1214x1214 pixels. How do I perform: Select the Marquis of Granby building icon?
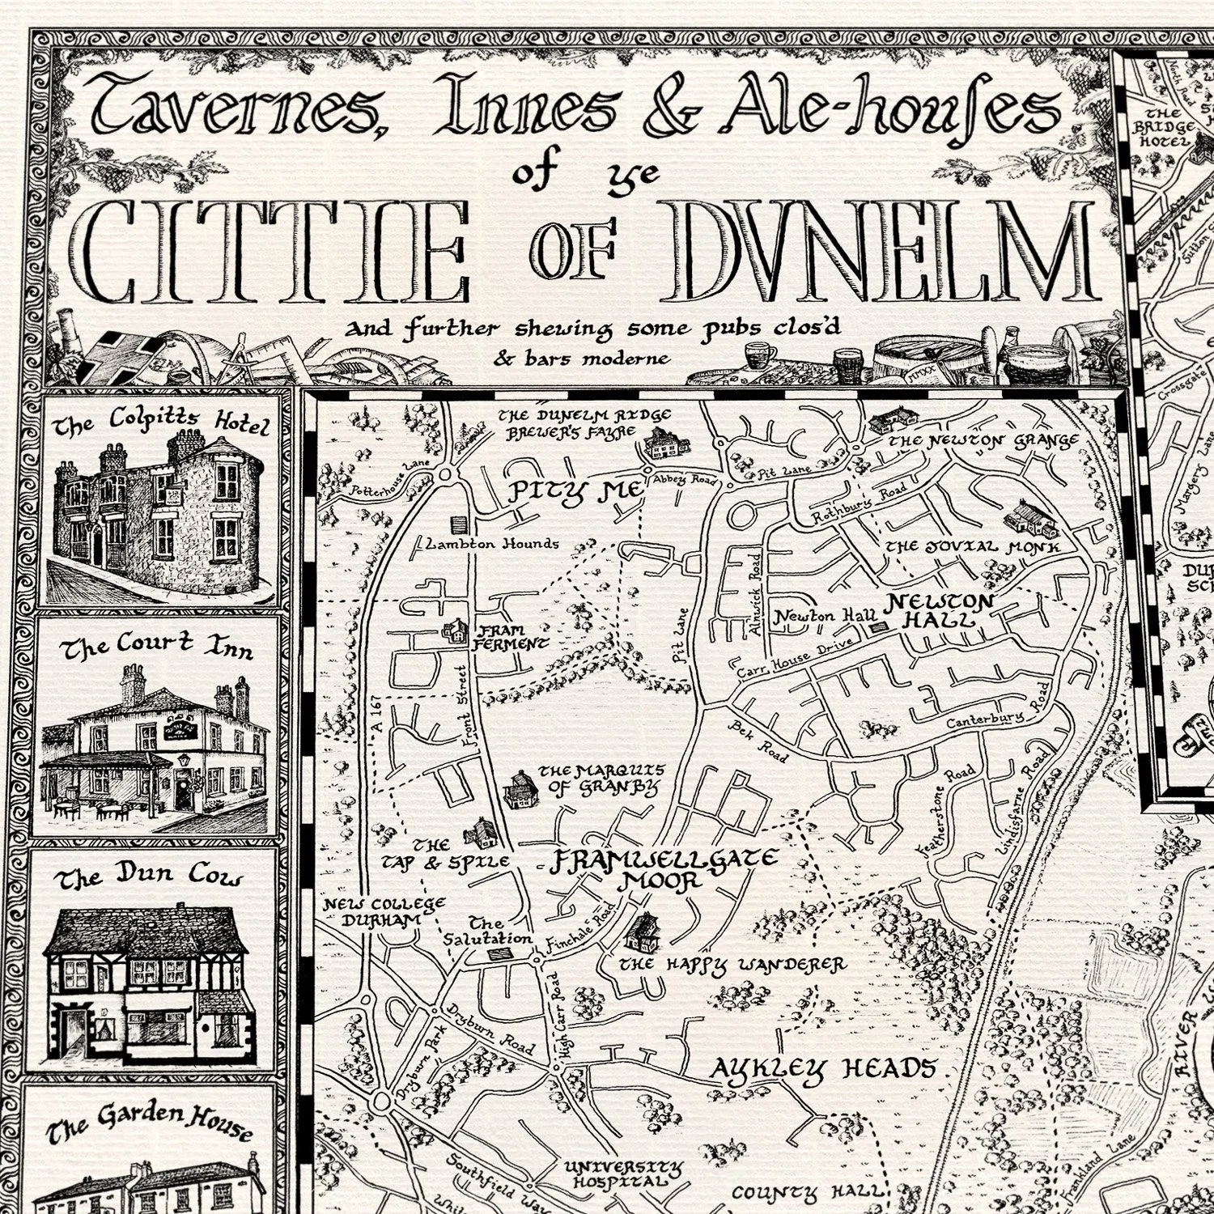(x=520, y=789)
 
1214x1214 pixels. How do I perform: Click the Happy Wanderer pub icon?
(x=644, y=932)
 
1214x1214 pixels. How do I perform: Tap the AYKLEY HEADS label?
(x=821, y=1070)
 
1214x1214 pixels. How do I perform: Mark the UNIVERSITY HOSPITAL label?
(x=623, y=1174)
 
